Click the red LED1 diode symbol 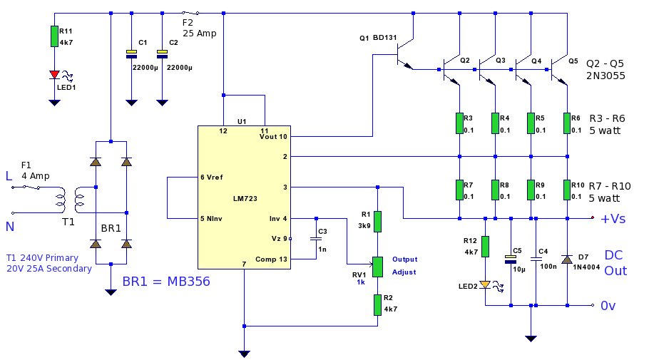click(x=54, y=75)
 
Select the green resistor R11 click(x=54, y=36)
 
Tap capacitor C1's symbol click(x=131, y=54)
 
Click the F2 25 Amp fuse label click(x=200, y=28)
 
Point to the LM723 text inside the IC click(x=245, y=199)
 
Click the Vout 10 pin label click(x=273, y=137)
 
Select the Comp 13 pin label click(x=271, y=259)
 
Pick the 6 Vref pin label click(x=212, y=177)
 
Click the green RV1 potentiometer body click(x=377, y=267)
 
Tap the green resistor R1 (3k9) click(x=377, y=222)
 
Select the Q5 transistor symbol click(x=559, y=70)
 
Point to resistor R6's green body click(x=567, y=123)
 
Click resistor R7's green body click(x=459, y=190)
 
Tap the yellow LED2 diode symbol click(x=485, y=284)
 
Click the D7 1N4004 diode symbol click(x=567, y=259)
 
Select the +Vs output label click(x=613, y=218)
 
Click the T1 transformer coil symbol click(x=70, y=200)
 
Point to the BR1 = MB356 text click(x=166, y=282)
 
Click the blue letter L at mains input click(x=9, y=176)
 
